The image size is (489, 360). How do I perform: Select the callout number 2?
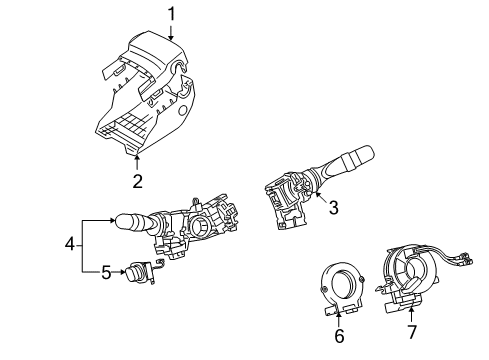tap(138, 181)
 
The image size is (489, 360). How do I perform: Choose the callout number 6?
tap(339, 337)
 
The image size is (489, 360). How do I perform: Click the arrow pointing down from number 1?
tap(171, 32)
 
